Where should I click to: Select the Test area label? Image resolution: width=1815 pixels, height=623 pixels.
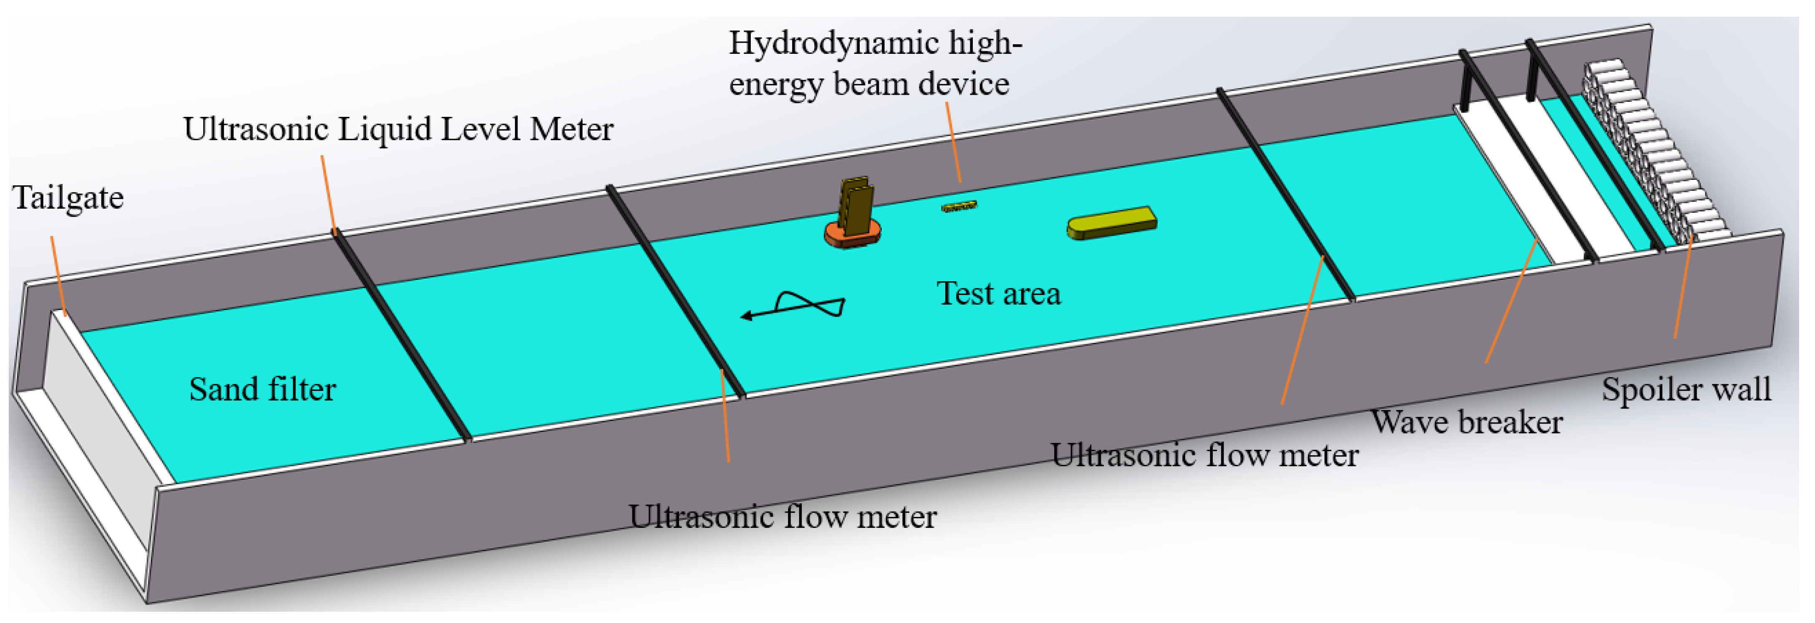[998, 294]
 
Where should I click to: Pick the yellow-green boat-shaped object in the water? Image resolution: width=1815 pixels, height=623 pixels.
[1111, 223]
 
